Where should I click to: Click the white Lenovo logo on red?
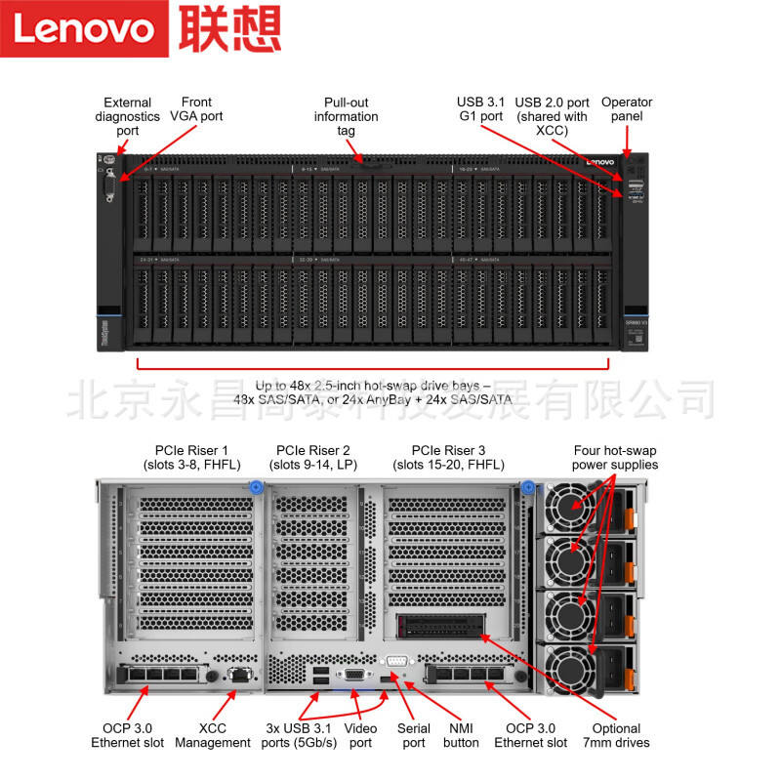click(83, 28)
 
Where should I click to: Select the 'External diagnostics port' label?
click(128, 116)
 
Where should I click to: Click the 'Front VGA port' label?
click(196, 108)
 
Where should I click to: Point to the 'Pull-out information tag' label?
click(346, 116)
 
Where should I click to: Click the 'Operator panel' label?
click(627, 108)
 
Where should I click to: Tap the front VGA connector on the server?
click(109, 185)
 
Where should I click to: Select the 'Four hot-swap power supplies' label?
click(615, 457)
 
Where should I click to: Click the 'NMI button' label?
click(461, 735)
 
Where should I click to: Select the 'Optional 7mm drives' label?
click(616, 735)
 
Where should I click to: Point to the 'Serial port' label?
click(414, 735)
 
